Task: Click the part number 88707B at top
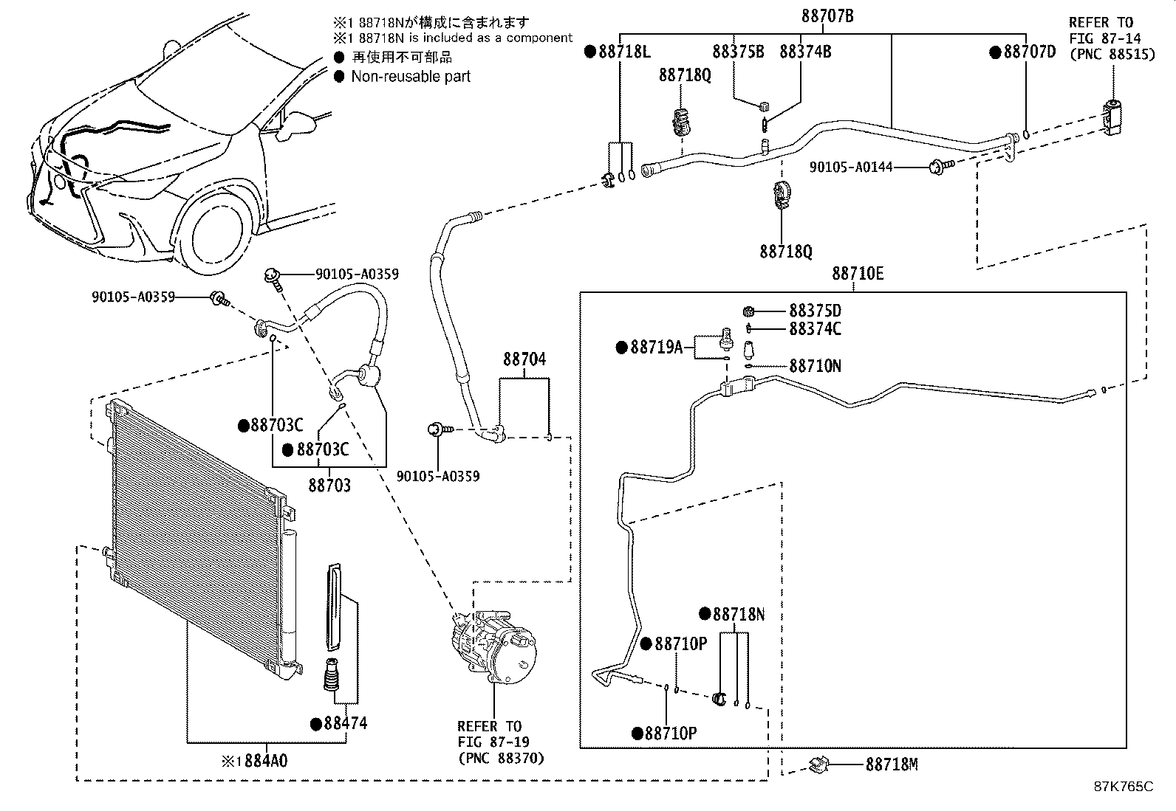pyautogui.click(x=827, y=15)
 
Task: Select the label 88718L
pyautogui.click(x=623, y=52)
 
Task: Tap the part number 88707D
pyautogui.click(x=1028, y=52)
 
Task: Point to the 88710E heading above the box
pyautogui.click(x=857, y=274)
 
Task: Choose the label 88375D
pyautogui.click(x=815, y=311)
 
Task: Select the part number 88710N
pyautogui.click(x=815, y=366)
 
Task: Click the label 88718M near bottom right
pyautogui.click(x=891, y=765)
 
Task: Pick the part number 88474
pyautogui.click(x=343, y=723)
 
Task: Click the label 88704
pyautogui.click(x=524, y=359)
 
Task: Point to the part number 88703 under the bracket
pyautogui.click(x=329, y=486)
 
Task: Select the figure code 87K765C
pyautogui.click(x=1123, y=787)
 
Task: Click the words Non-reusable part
pyautogui.click(x=411, y=77)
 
